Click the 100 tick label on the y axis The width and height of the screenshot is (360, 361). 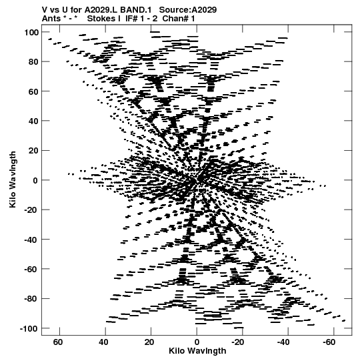pos(31,33)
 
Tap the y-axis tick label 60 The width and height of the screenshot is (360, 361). pos(33,91)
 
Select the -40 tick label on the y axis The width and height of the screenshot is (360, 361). pos(31,240)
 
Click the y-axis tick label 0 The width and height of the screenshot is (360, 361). pos(35,180)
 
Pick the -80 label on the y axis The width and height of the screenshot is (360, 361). pos(31,299)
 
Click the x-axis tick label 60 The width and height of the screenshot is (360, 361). pos(58,342)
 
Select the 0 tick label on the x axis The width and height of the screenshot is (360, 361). pos(197,342)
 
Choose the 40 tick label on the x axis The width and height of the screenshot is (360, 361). pos(104,342)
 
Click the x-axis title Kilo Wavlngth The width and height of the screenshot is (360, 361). pos(197,351)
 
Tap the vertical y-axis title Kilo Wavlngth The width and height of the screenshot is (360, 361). pos(13,179)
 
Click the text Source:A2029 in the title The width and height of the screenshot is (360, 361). pos(188,10)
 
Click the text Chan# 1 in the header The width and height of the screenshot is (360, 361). pos(179,19)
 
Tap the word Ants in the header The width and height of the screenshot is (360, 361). pos(51,19)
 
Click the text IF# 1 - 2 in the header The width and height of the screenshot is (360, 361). pos(141,19)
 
